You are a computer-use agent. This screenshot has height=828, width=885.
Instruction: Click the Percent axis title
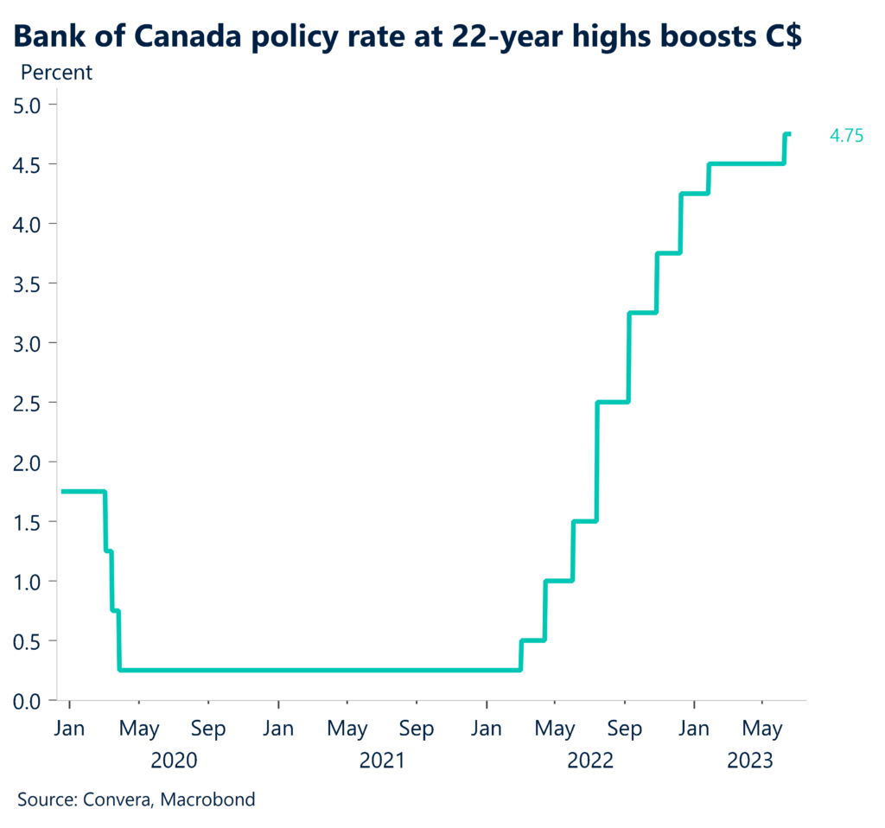(x=56, y=72)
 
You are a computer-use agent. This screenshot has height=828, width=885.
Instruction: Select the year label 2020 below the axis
(x=174, y=761)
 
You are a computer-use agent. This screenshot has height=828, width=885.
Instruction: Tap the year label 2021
(x=382, y=761)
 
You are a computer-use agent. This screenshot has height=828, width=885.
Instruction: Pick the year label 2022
(x=590, y=761)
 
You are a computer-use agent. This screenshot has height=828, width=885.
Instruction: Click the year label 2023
(x=751, y=761)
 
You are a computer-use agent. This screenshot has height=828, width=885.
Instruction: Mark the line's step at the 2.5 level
(x=612, y=402)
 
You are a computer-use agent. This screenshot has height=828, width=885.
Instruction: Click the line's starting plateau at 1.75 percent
(x=82, y=492)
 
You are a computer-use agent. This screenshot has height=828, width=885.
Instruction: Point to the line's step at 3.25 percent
(x=642, y=312)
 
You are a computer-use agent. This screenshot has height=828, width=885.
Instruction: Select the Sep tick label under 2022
(x=625, y=729)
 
